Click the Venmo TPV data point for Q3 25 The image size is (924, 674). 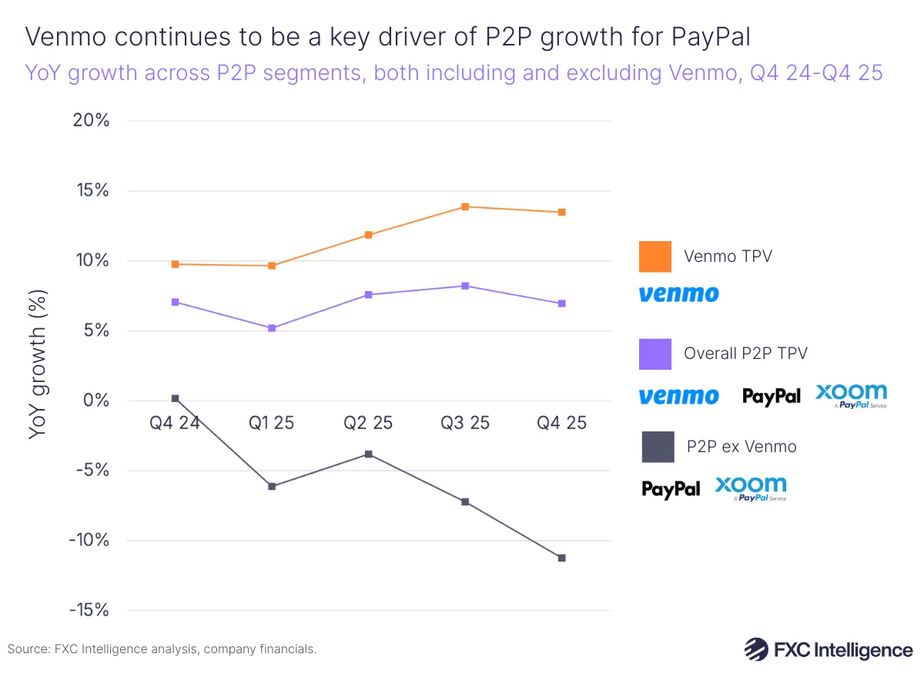[x=465, y=206]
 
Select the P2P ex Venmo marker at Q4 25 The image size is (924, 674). [x=561, y=558]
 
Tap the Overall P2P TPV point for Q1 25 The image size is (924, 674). [x=272, y=328]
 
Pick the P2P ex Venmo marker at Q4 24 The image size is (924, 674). [x=175, y=398]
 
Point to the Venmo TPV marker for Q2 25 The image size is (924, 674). [x=369, y=235]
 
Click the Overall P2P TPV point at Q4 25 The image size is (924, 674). [x=561, y=303]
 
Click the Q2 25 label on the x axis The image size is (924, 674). [x=368, y=423]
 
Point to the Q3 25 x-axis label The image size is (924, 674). [x=465, y=423]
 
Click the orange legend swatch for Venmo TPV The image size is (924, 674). [x=654, y=257]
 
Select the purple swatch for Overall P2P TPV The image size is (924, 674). [x=654, y=354]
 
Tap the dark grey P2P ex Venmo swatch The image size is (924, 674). [x=658, y=447]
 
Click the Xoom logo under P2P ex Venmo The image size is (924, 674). [x=751, y=488]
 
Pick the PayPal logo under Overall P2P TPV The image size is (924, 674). [x=771, y=396]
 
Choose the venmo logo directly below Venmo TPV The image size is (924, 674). [x=678, y=293]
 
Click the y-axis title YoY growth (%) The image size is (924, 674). [x=38, y=364]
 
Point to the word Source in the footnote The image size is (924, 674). [x=28, y=649]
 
